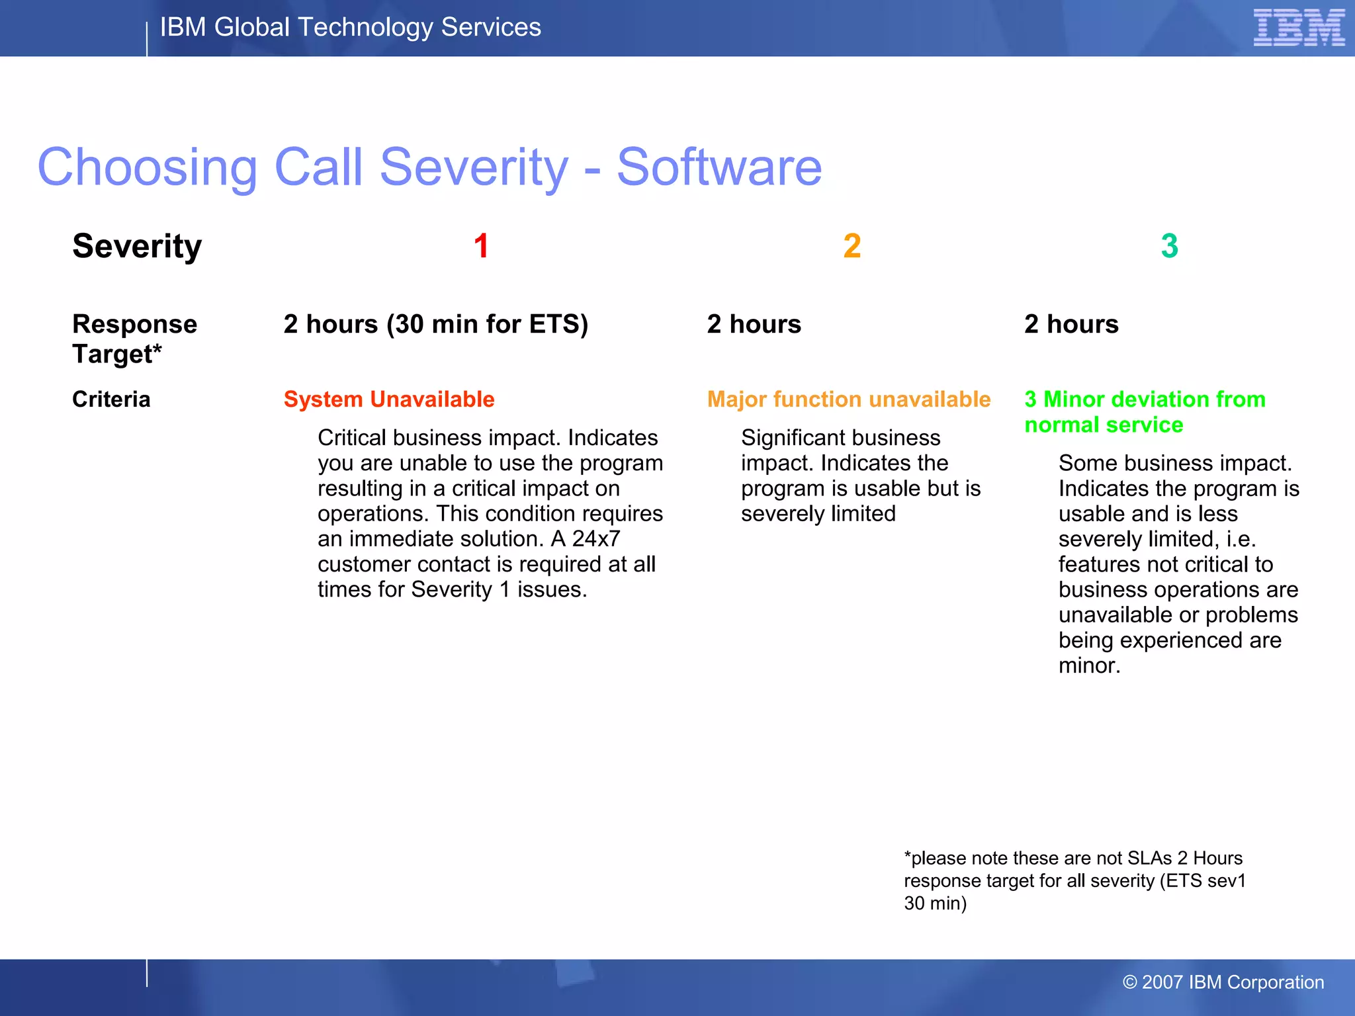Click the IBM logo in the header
pos(1298,28)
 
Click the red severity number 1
pos(481,246)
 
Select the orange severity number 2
pos(852,246)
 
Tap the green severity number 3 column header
pos(1169,246)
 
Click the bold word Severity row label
pos(137,246)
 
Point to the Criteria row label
pos(111,400)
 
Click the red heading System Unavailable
pos(389,400)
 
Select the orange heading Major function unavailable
pos(849,400)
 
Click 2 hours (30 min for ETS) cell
pos(435,324)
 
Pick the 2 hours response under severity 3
pos(1071,324)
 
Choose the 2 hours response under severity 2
pos(754,324)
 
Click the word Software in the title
pos(719,167)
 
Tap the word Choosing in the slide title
pos(148,168)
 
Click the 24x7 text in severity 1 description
pos(596,539)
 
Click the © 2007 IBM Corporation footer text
pos(1223,982)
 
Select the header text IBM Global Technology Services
pos(351,28)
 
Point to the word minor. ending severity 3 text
pos(1089,665)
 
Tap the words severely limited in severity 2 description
pos(818,514)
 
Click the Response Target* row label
pos(134,339)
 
